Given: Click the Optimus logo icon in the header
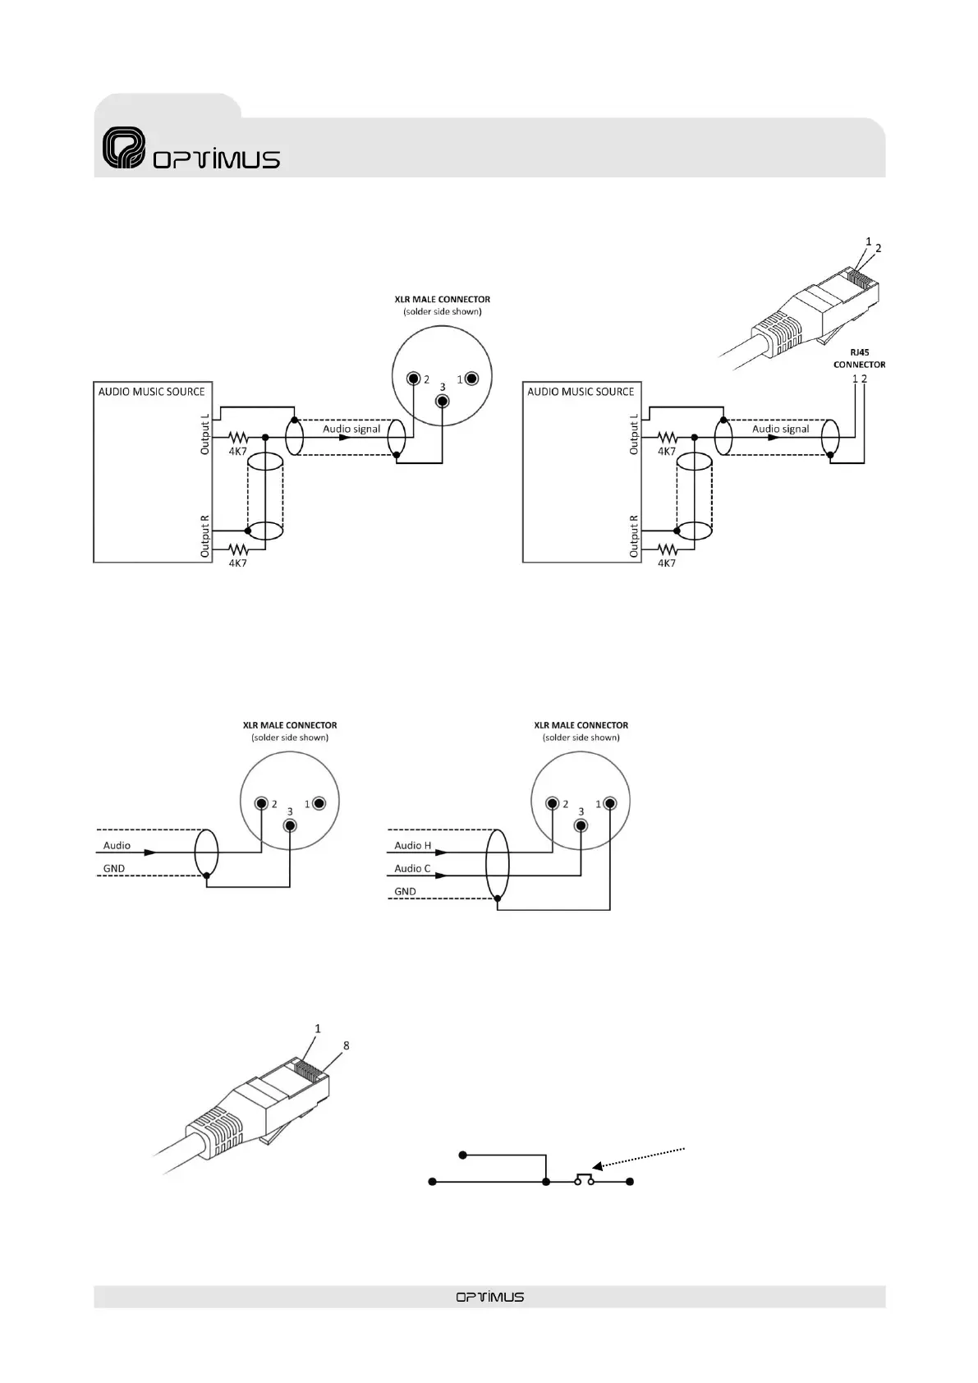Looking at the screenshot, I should pyautogui.click(x=124, y=149).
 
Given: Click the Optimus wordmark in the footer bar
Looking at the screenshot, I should pyautogui.click(x=489, y=1297).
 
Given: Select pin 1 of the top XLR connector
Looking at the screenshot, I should pyautogui.click(x=472, y=379).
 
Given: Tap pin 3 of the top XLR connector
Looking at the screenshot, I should pyautogui.click(x=443, y=401).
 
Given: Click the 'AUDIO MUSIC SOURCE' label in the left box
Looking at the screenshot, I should pyautogui.click(x=151, y=392).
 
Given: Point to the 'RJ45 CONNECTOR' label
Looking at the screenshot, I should pyautogui.click(x=859, y=358).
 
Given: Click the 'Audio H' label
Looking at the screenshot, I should pyautogui.click(x=412, y=845).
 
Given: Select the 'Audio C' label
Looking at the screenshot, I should pyautogui.click(x=412, y=868).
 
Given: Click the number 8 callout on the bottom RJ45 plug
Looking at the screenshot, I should pyautogui.click(x=346, y=1045).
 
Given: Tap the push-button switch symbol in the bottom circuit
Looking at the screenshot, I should pyautogui.click(x=584, y=1179).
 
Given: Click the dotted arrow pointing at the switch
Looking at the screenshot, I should pyautogui.click(x=645, y=1157).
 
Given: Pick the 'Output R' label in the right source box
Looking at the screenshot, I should pyautogui.click(x=633, y=536).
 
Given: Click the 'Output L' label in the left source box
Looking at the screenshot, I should pyautogui.click(x=205, y=434).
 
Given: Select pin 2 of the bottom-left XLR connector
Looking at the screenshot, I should pyautogui.click(x=261, y=803).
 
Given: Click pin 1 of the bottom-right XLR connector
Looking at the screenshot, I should pyautogui.click(x=610, y=803).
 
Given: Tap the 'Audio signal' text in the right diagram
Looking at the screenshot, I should pyautogui.click(x=780, y=429).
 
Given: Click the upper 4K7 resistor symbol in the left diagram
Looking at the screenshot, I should pyautogui.click(x=237, y=438).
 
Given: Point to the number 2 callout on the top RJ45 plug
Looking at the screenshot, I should pyautogui.click(x=878, y=247).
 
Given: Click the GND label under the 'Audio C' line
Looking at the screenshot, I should pyautogui.click(x=405, y=891).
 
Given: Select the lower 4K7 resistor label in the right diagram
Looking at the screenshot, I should pyautogui.click(x=666, y=563).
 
